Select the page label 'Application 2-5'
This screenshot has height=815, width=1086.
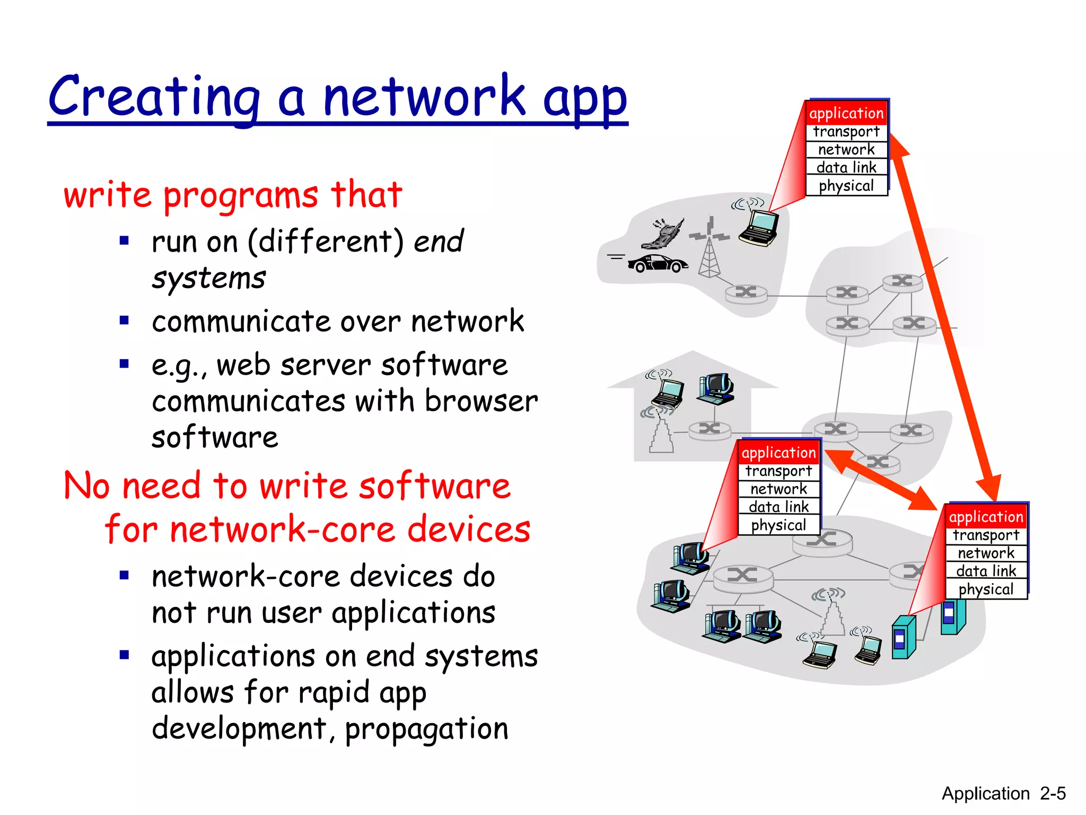click(x=1003, y=793)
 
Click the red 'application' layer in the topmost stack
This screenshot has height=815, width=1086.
click(x=846, y=114)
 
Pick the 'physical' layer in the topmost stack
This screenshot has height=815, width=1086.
click(x=846, y=186)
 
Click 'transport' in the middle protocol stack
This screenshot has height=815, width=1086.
click(x=778, y=471)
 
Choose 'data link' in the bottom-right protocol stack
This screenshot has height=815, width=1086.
click(x=986, y=571)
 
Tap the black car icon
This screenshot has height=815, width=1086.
click(x=658, y=263)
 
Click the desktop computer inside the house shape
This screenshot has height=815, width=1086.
click(x=716, y=389)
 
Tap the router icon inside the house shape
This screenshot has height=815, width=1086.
click(x=710, y=429)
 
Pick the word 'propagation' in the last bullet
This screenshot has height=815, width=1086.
click(x=426, y=729)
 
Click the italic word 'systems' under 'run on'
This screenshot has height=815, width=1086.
click(x=209, y=279)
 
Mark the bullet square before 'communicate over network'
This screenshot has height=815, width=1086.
click(x=125, y=320)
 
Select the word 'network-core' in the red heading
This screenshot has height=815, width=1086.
click(x=283, y=530)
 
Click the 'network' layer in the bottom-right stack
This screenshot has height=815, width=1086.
click(x=986, y=553)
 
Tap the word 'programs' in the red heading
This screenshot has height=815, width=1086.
click(x=241, y=196)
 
